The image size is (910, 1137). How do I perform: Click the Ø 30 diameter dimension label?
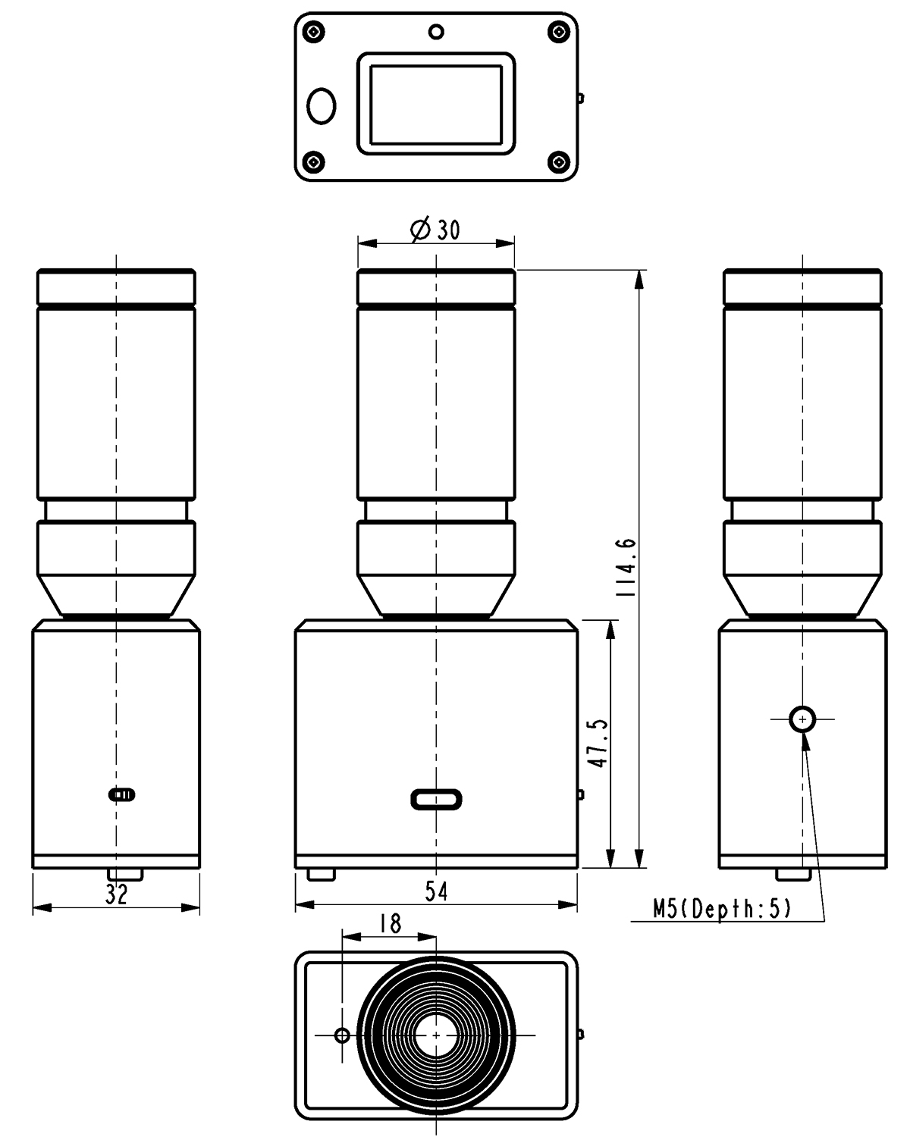point(435,230)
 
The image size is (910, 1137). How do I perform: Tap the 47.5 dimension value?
point(598,743)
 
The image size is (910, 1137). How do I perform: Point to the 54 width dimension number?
point(436,891)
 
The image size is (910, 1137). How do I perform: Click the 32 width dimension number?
point(116,894)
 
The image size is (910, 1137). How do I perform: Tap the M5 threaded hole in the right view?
point(802,719)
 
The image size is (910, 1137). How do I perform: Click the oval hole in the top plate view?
point(322,106)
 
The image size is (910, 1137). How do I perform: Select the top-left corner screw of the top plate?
point(315,32)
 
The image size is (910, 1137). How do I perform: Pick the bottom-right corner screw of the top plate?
point(558,161)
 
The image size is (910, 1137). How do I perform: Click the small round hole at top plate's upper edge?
point(436,33)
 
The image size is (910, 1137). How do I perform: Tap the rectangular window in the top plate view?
point(436,104)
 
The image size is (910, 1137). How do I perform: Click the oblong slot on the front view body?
point(436,800)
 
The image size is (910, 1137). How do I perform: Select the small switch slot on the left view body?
point(121,794)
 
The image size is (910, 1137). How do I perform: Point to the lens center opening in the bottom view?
point(436,1035)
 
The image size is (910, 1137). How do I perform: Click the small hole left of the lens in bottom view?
point(343,1035)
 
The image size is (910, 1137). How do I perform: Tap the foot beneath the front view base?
point(322,875)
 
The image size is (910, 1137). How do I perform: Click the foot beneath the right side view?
point(793,875)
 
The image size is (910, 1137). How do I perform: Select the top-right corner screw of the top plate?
point(558,32)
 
